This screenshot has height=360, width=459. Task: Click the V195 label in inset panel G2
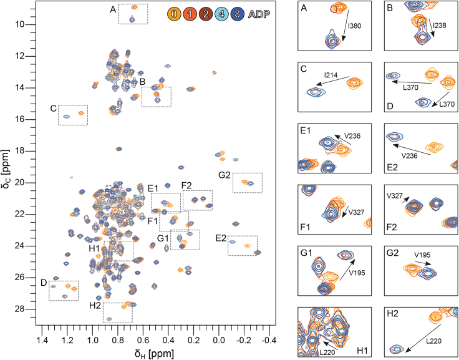click(425, 255)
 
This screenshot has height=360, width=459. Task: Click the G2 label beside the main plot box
click(225, 175)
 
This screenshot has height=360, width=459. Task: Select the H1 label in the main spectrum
click(95, 249)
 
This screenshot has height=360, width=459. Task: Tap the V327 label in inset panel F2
click(394, 195)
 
